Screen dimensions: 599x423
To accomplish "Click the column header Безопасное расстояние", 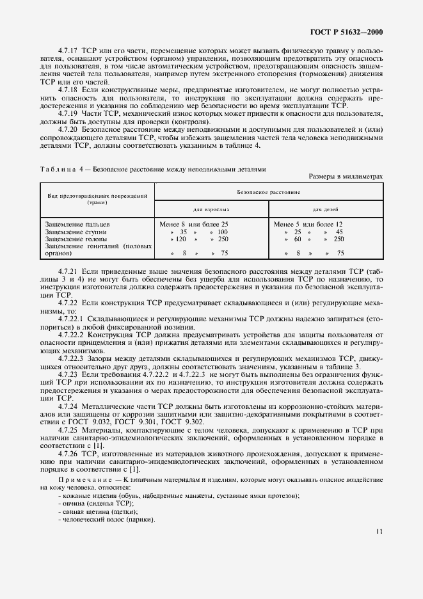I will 268,191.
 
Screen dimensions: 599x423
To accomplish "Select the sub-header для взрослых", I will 212,209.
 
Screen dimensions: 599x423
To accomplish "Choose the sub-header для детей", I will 326,209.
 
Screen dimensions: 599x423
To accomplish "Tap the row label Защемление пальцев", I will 78,225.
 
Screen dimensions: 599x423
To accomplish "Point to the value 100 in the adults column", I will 221,232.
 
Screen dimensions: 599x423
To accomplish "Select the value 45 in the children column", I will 339,232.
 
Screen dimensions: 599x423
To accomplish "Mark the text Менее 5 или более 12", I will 312,225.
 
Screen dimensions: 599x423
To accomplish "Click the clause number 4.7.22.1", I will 72,317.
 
